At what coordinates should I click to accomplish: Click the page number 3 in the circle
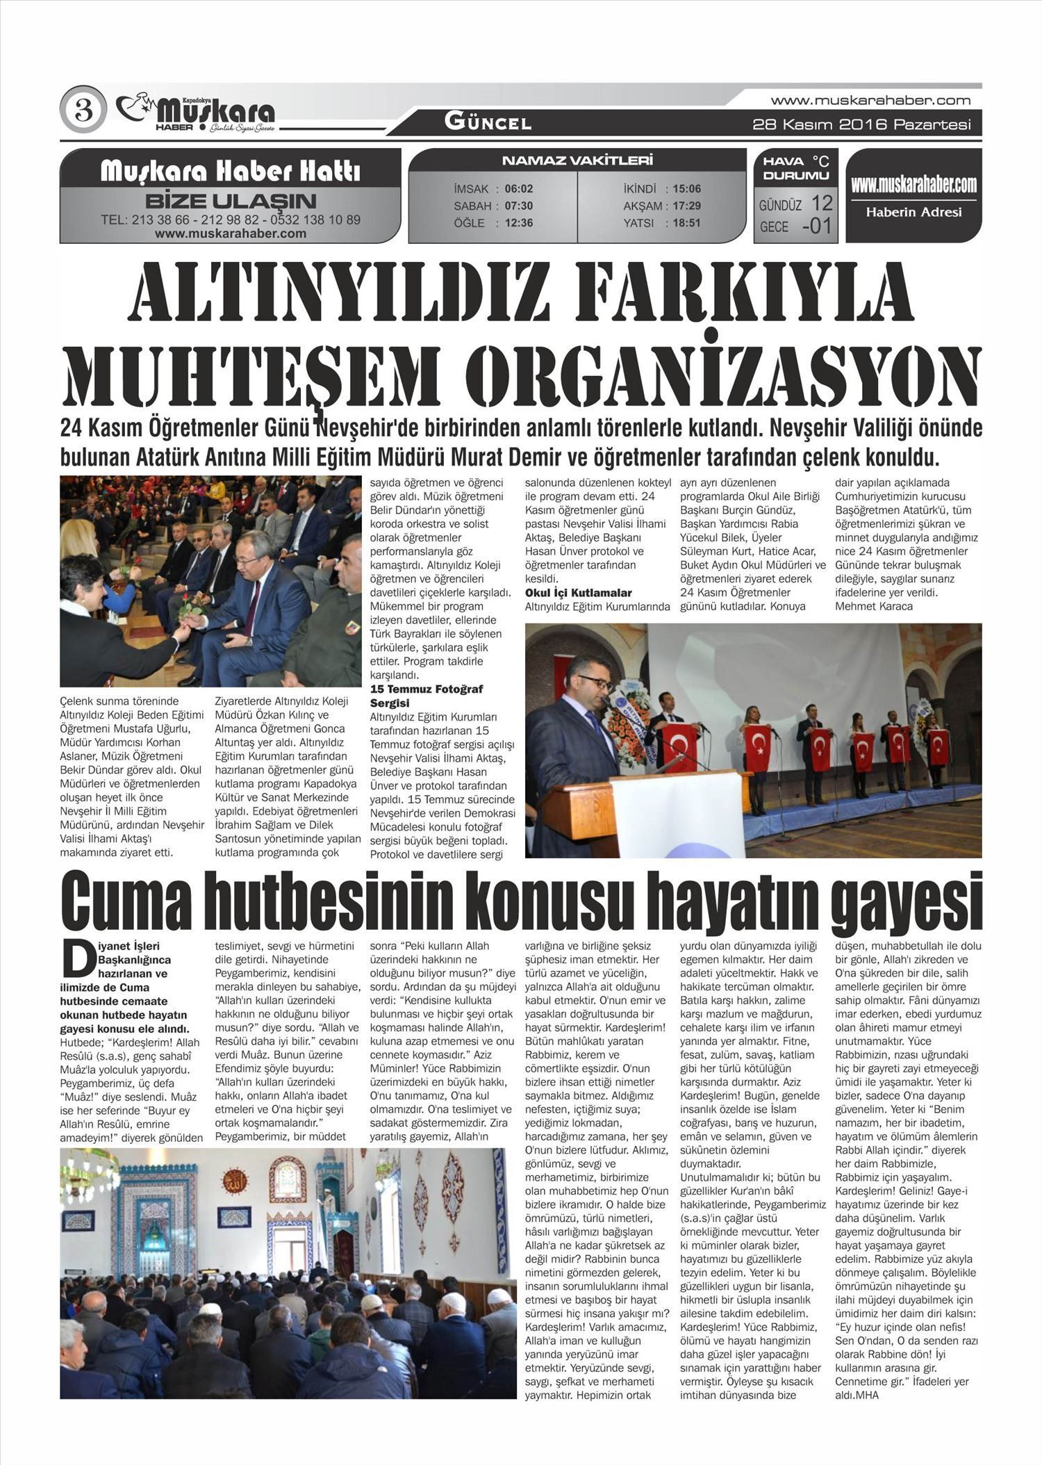[x=83, y=110]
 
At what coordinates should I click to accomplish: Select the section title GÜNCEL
[x=488, y=123]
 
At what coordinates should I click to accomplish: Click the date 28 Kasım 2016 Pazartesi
[x=861, y=125]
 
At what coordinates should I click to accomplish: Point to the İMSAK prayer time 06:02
[x=518, y=189]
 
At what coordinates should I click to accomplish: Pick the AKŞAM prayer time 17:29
[x=686, y=206]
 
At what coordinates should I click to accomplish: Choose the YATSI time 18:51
[x=686, y=223]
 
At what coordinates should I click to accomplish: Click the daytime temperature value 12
[x=821, y=203]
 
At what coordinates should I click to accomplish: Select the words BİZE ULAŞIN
[x=231, y=202]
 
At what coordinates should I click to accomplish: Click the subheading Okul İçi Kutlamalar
[x=578, y=593]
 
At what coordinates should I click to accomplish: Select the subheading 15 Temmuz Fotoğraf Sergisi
[x=426, y=696]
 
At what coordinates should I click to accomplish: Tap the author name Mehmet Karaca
[x=873, y=606]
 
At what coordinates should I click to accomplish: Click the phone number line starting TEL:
[x=231, y=220]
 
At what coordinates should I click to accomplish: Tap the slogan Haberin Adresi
[x=913, y=212]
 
